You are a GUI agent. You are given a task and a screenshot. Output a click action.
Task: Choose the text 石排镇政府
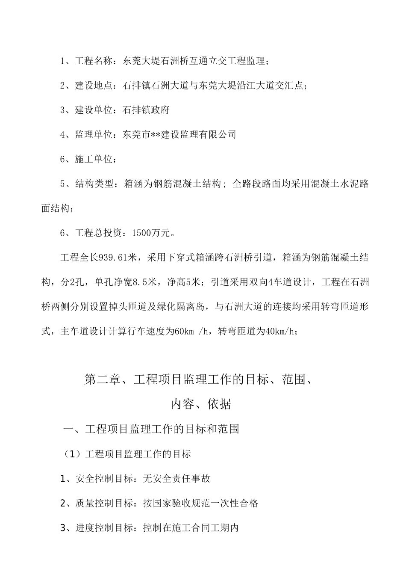point(146,110)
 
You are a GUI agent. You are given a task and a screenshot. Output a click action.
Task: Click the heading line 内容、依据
point(201,404)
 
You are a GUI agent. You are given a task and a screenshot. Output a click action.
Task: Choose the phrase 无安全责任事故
point(177,479)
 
